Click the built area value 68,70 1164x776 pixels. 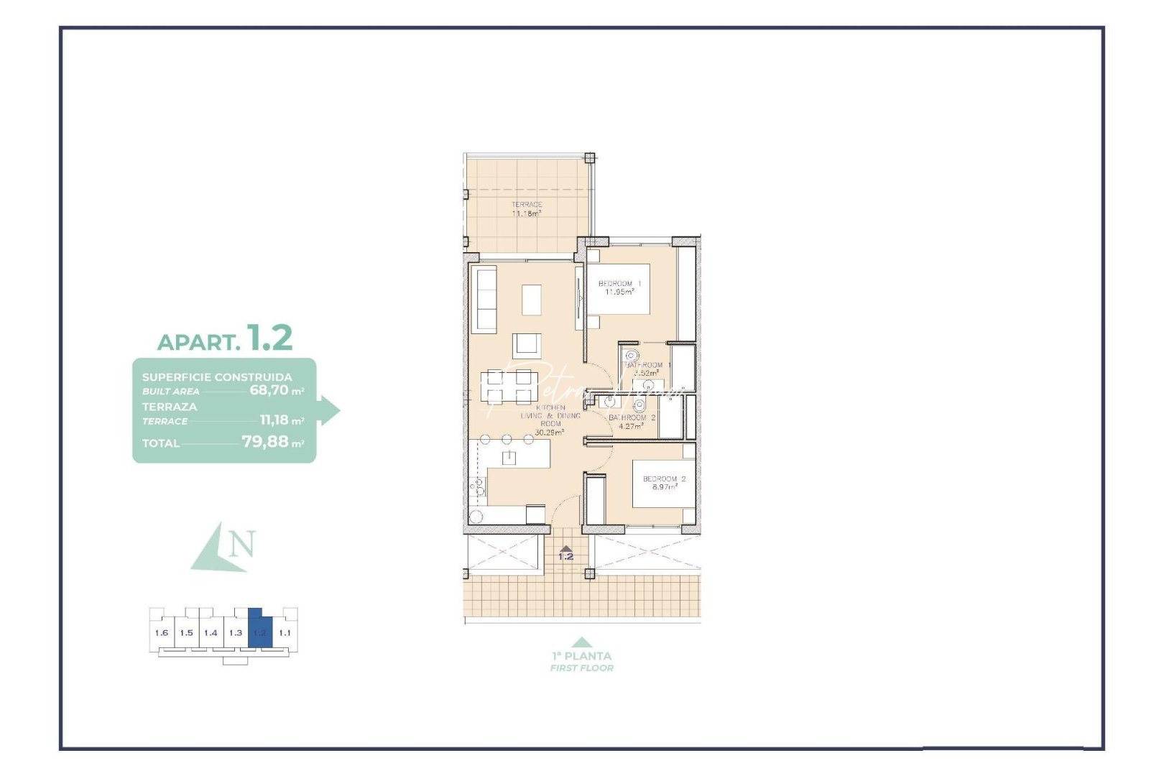coord(269,390)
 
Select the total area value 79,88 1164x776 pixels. coord(264,441)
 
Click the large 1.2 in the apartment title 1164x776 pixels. coord(269,338)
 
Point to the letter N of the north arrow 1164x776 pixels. coord(242,544)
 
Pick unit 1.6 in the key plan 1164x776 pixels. coord(162,633)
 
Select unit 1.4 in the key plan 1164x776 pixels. coord(211,633)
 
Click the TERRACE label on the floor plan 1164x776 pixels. coord(527,205)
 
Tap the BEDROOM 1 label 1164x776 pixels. coord(619,284)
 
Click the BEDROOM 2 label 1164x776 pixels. coord(664,479)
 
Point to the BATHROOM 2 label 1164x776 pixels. coord(632,417)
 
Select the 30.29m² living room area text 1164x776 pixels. coord(549,433)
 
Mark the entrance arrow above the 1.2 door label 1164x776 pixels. coord(566,548)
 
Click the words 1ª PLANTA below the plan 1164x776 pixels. coord(581,656)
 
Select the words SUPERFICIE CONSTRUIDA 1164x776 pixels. coord(217,377)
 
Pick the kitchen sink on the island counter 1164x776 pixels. coord(509,458)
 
